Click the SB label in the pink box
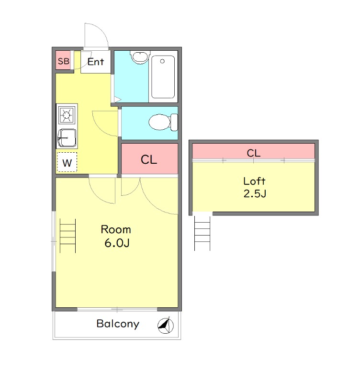pyautogui.click(x=64, y=61)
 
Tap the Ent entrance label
pyautogui.click(x=96, y=62)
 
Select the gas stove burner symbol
pyautogui.click(x=67, y=114)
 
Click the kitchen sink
pyautogui.click(x=67, y=138)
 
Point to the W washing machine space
pyautogui.click(x=67, y=162)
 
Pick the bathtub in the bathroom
pyautogui.click(x=163, y=77)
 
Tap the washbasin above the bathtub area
pyautogui.click(x=140, y=57)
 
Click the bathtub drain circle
pyautogui.click(x=162, y=61)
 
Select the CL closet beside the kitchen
pyautogui.click(x=149, y=159)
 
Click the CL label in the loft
pyautogui.click(x=254, y=153)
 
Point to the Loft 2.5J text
pyautogui.click(x=255, y=187)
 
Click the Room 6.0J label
pyautogui.click(x=116, y=236)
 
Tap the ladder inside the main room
pyautogui.click(x=67, y=236)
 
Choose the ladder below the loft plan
pyautogui.click(x=202, y=233)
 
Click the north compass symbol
pyautogui.click(x=166, y=325)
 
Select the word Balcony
pyautogui.click(x=118, y=324)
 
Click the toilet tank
pyautogui.click(x=174, y=122)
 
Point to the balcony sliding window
pyautogui.click(x=117, y=309)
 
